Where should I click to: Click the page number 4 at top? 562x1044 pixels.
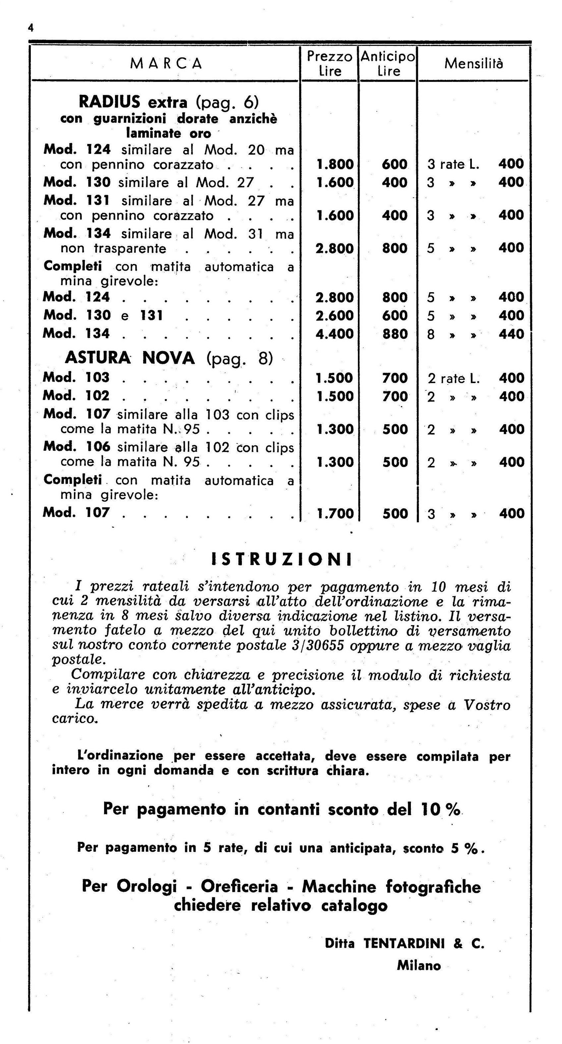coord(31,28)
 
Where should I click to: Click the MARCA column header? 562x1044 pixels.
coord(166,64)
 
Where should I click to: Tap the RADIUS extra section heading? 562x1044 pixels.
coord(133,102)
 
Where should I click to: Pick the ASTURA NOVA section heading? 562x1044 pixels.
coord(130,358)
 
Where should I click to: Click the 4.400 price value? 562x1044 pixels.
coord(334,334)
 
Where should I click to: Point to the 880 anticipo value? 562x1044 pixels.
coord(394,334)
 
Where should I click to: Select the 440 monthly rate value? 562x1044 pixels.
coord(511,334)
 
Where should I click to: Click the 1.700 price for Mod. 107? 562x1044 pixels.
coord(334,513)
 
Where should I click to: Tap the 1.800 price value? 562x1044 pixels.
coord(334,164)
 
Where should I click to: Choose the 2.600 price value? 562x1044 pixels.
coord(334,316)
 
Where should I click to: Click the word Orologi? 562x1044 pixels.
coord(146,886)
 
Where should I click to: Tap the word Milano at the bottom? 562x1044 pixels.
coord(419,966)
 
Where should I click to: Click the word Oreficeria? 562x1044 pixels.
coord(239,886)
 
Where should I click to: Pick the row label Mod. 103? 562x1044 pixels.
coord(76,378)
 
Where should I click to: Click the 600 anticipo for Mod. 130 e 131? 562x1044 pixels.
coord(394,316)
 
